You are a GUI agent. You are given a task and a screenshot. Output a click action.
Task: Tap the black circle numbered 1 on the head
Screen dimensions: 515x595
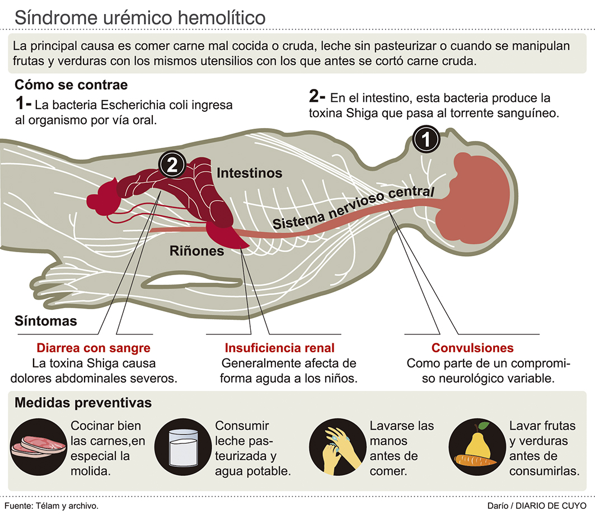(x=427, y=139)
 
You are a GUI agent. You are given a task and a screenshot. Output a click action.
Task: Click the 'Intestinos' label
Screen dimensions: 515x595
(x=249, y=173)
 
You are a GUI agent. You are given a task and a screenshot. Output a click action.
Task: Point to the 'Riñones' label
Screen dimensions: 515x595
(x=196, y=251)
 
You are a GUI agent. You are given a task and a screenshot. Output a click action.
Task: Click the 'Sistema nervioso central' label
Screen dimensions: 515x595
(x=353, y=207)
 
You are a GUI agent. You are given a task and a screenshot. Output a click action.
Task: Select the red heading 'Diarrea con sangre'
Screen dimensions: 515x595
(x=93, y=348)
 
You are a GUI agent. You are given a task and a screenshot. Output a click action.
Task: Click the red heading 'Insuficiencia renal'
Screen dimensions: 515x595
(x=280, y=348)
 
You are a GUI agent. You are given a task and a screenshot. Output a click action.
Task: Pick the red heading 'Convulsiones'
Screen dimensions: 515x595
(x=472, y=348)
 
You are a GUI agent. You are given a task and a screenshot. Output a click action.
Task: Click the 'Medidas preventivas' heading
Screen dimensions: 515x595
(x=83, y=403)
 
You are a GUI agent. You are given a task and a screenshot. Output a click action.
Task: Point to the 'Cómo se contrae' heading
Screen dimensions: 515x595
(x=71, y=85)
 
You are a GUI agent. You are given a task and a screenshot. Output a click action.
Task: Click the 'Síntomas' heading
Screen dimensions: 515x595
(x=46, y=322)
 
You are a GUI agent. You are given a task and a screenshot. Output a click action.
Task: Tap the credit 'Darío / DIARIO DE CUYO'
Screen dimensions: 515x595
(x=542, y=505)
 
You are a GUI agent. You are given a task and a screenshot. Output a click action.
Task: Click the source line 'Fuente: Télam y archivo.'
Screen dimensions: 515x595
(x=55, y=505)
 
